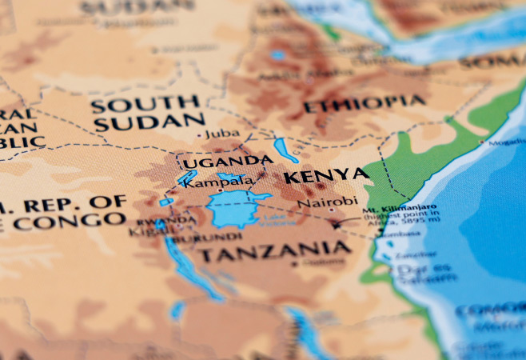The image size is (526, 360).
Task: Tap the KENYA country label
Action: [326, 176]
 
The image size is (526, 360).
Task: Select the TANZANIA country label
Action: [273, 253]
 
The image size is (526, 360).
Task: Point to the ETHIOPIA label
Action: [364, 104]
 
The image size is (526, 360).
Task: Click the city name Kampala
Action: [219, 182]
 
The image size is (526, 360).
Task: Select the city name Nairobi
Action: [327, 202]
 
